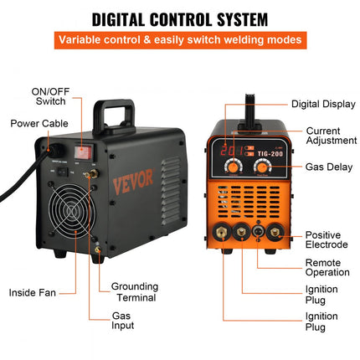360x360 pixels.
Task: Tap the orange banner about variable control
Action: click(180, 39)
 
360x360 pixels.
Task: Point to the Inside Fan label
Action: click(34, 293)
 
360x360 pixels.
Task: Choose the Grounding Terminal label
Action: click(135, 292)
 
